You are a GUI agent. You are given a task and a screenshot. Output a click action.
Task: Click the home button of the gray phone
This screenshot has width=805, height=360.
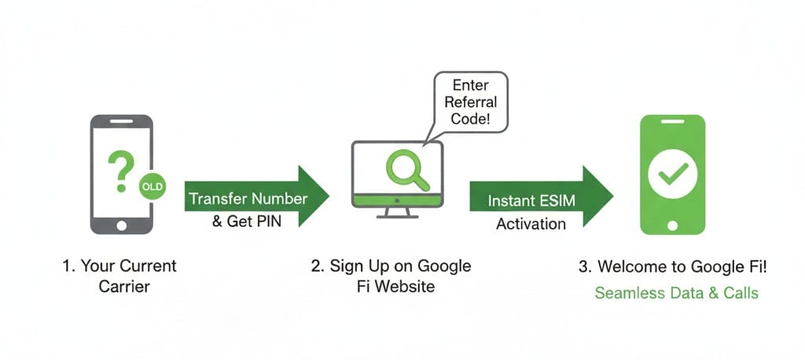[x=121, y=225]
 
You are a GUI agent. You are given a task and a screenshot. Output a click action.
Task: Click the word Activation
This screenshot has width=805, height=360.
[x=531, y=224]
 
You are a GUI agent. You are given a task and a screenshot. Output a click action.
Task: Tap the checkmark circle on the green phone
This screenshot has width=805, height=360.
[x=672, y=174]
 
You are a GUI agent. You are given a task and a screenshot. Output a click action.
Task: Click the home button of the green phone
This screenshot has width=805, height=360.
[x=672, y=226]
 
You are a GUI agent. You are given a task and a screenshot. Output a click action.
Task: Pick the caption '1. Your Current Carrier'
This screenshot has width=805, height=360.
[x=119, y=276]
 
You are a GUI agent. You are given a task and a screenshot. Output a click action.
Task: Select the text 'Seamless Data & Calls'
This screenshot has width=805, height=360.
[x=676, y=293]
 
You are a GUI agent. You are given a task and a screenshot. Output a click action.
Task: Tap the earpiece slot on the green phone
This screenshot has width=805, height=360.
[x=672, y=122]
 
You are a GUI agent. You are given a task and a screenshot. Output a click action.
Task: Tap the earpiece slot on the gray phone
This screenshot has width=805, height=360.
[x=121, y=122]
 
